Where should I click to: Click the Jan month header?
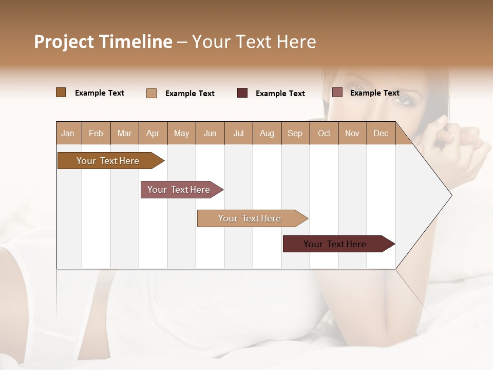[68, 133]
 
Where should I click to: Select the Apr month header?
[153, 133]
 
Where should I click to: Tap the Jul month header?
[238, 133]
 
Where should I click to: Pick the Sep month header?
[295, 133]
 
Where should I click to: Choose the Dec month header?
[381, 133]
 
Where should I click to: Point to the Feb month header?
[96, 133]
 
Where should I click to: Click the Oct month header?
[324, 133]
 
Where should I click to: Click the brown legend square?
[61, 92]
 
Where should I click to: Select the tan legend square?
[151, 93]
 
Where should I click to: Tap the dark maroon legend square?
[242, 93]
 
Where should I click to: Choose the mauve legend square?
[337, 92]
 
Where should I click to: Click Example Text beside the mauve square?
[374, 93]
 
